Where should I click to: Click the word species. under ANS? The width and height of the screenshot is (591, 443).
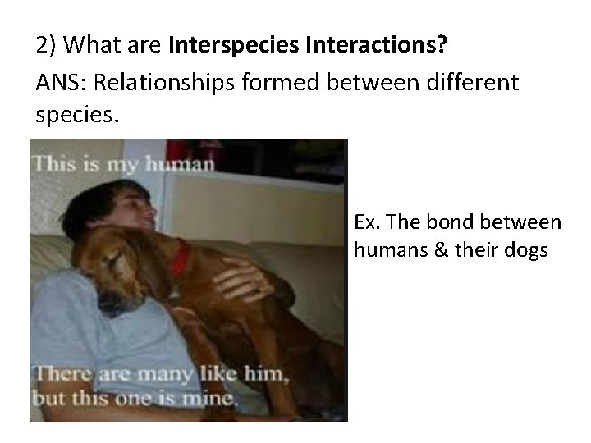tap(78, 115)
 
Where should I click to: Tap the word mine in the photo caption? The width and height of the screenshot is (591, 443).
tap(214, 402)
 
